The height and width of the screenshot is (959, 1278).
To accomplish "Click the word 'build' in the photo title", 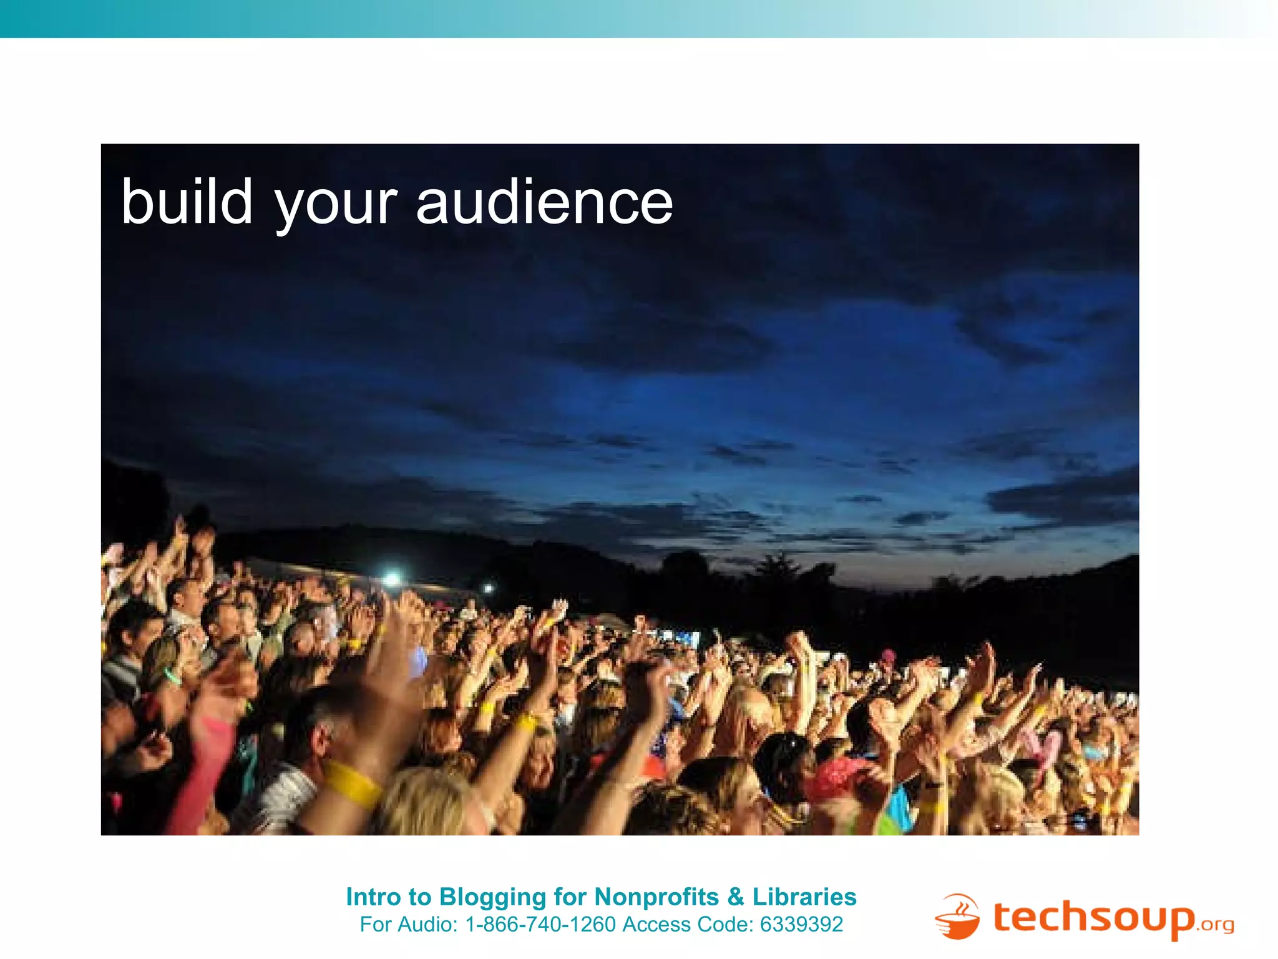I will pos(187,202).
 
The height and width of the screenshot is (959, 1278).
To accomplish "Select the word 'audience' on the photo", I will pos(544,202).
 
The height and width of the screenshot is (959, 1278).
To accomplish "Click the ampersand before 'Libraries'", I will pos(736,897).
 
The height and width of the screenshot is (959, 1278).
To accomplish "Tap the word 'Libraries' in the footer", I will pos(804,897).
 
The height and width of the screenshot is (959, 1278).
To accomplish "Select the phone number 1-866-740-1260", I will pos(540,924).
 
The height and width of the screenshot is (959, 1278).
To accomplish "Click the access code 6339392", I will pos(801,924).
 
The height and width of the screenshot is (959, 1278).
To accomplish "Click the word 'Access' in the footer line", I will pos(656,924).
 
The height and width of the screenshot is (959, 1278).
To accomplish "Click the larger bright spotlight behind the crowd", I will pos(391,579).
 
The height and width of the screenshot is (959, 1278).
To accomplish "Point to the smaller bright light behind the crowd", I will pos(488,588).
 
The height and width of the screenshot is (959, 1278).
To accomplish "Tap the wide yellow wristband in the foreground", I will pos(352,784).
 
